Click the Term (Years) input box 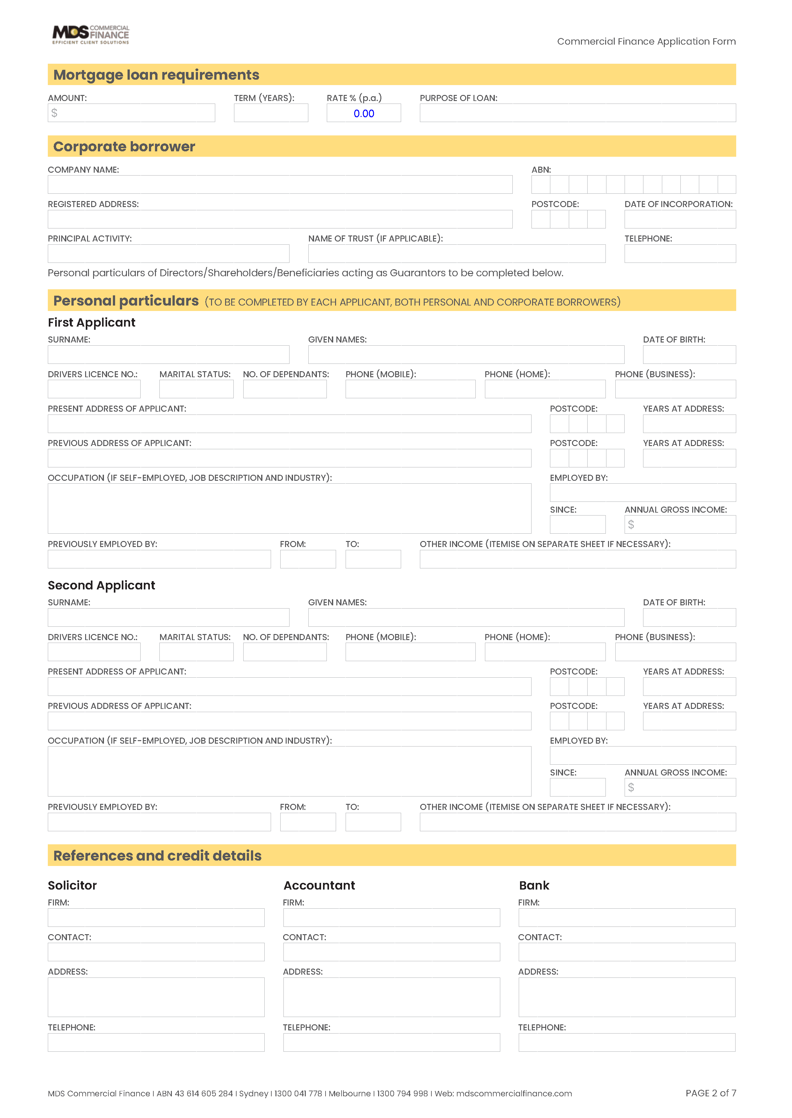click(271, 113)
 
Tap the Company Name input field click(280, 185)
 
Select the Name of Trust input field click(457, 254)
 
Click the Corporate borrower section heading click(124, 147)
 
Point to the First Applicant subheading click(92, 323)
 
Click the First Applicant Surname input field click(168, 355)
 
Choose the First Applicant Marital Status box click(196, 389)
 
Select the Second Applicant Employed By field click(643, 755)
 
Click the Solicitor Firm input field click(156, 918)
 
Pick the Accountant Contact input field click(391, 952)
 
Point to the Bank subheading click(534, 885)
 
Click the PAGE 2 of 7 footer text click(711, 1093)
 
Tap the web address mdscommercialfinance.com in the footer click(514, 1094)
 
